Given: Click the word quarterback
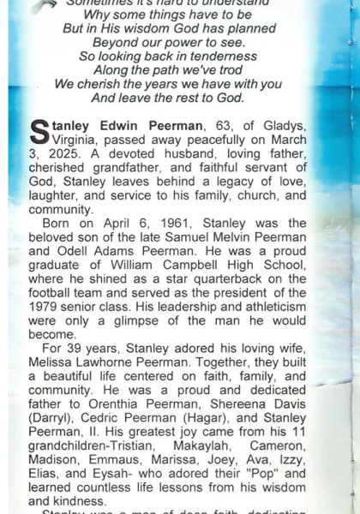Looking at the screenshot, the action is (x=239, y=278).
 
